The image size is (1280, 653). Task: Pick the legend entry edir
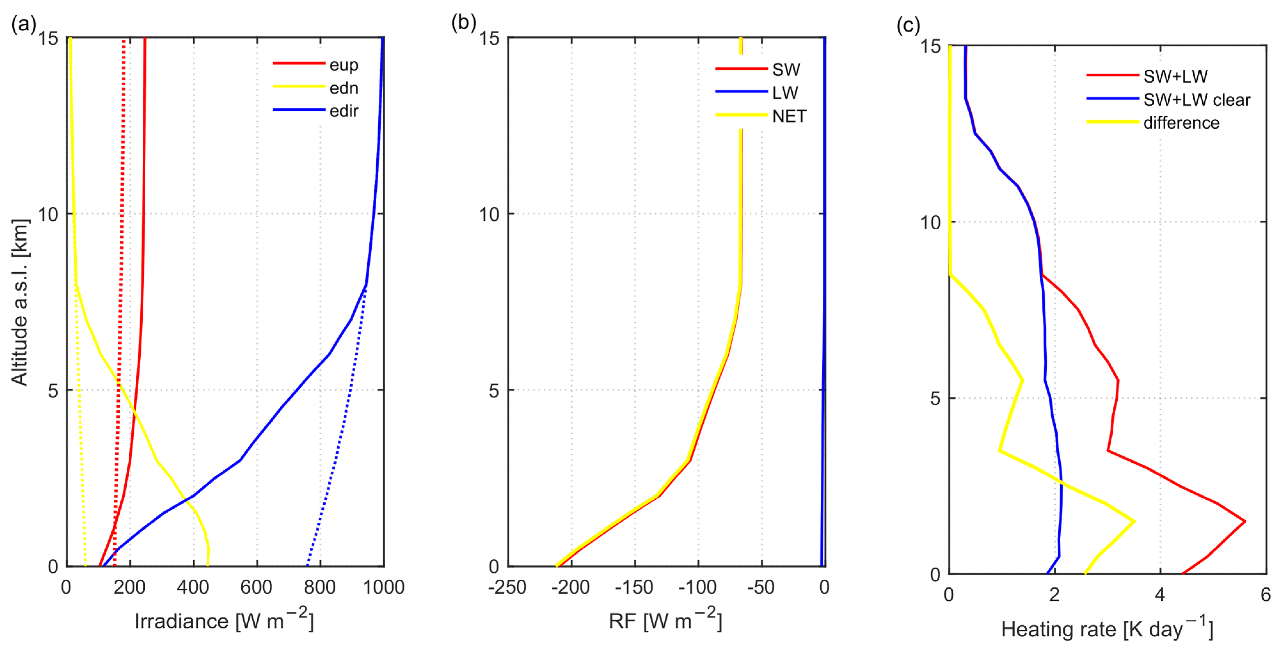[x=343, y=111]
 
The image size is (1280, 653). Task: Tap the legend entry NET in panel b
[x=788, y=116]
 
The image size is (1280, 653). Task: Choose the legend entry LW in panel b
[x=785, y=92]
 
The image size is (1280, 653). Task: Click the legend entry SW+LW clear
[x=1196, y=100]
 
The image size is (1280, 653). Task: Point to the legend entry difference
[x=1180, y=123]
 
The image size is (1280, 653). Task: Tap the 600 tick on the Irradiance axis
[x=256, y=587]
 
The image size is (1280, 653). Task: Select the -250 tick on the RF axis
[x=507, y=587]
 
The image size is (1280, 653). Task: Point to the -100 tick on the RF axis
[x=697, y=587]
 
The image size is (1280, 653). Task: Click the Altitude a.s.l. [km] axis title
[x=20, y=302]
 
